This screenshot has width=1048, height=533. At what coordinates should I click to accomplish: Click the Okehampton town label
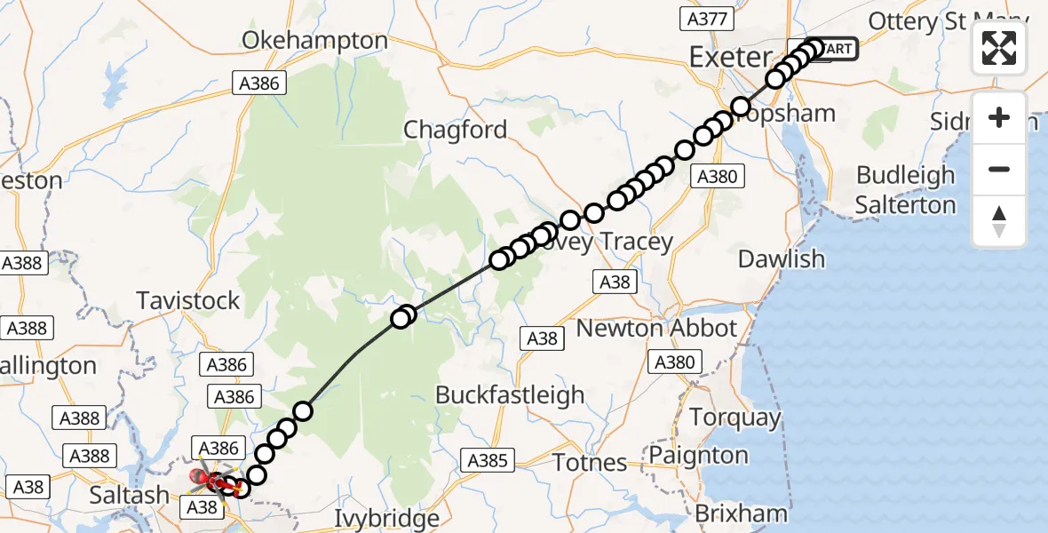click(x=315, y=41)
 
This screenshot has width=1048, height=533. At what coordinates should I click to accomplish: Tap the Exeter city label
click(x=731, y=58)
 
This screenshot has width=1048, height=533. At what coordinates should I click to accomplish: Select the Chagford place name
click(x=456, y=130)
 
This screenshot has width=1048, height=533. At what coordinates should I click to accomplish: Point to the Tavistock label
click(x=188, y=300)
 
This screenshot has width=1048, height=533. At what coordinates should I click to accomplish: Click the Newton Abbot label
click(x=656, y=328)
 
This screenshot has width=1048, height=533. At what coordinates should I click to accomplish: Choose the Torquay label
click(x=735, y=418)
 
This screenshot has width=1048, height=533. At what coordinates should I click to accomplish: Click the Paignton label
click(x=699, y=455)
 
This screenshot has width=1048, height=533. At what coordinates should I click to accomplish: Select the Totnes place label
click(x=590, y=462)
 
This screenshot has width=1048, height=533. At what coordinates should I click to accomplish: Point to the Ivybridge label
click(x=388, y=518)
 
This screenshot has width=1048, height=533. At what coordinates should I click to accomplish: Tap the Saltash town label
click(x=130, y=495)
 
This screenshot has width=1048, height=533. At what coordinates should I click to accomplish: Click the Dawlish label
click(x=782, y=259)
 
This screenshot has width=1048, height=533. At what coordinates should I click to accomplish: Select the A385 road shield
click(x=488, y=459)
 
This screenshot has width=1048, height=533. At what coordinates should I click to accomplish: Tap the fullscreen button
click(x=999, y=47)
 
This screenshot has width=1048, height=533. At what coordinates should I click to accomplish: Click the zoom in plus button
click(x=999, y=117)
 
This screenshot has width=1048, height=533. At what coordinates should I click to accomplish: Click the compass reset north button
click(x=999, y=221)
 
